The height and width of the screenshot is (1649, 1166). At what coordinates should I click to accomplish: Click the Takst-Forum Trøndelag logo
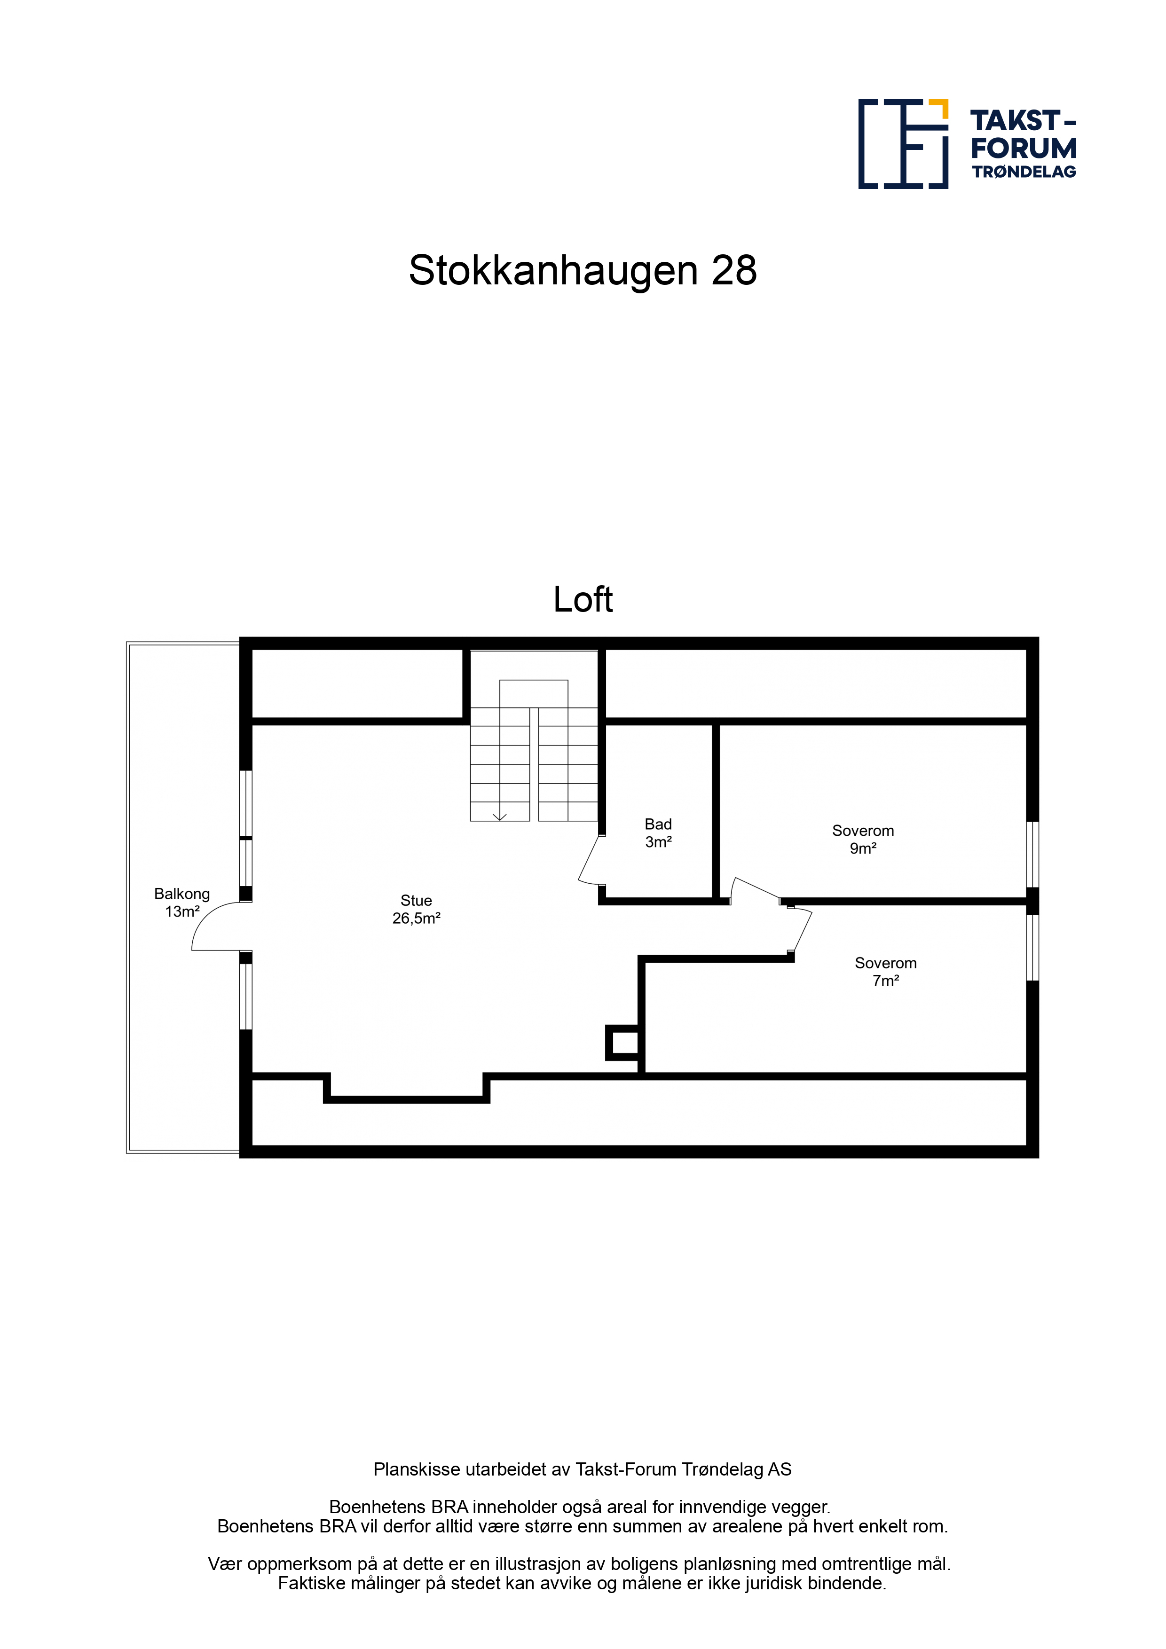(x=967, y=144)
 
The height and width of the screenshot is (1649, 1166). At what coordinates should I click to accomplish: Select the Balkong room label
(x=182, y=903)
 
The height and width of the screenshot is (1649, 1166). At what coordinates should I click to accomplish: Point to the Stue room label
(x=416, y=909)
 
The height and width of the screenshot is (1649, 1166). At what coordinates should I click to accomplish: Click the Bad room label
(x=658, y=833)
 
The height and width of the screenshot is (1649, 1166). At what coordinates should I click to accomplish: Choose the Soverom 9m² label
(x=863, y=840)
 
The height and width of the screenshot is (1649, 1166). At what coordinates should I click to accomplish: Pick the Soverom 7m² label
(x=885, y=972)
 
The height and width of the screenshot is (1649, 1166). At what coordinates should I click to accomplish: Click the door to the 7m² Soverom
(x=802, y=932)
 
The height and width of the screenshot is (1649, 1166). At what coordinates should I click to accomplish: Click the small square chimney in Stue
(x=623, y=1043)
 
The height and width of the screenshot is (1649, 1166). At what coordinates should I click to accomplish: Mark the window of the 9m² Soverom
(x=1032, y=854)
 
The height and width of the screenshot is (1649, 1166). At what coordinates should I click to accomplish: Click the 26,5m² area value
(x=416, y=919)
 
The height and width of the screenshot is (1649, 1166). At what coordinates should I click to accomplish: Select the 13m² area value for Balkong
(x=182, y=912)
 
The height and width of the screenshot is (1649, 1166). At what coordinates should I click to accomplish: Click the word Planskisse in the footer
(x=417, y=1469)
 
